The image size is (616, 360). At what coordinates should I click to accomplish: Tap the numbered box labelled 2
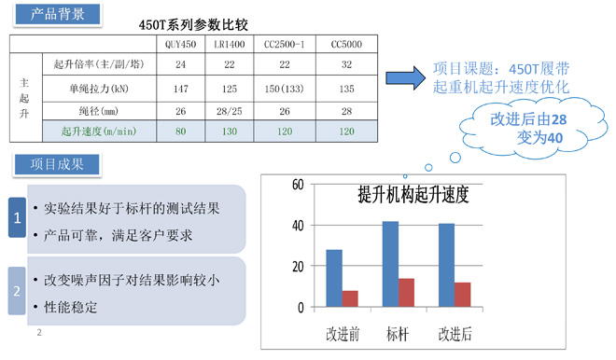[x=16, y=290]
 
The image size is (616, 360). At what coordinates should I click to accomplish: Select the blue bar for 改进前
[x=334, y=278]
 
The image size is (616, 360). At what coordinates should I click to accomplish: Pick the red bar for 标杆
[x=407, y=292]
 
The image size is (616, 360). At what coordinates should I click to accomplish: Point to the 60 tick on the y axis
[x=298, y=184]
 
